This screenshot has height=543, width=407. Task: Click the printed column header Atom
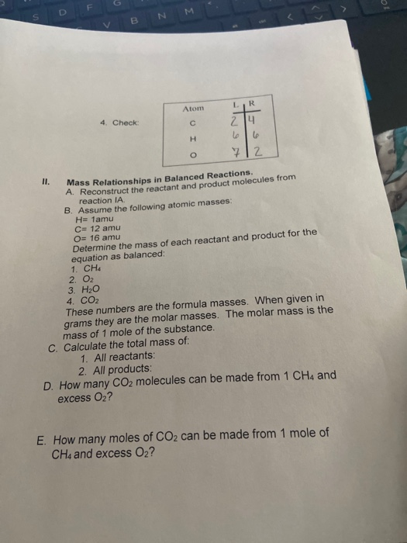pyautogui.click(x=192, y=110)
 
